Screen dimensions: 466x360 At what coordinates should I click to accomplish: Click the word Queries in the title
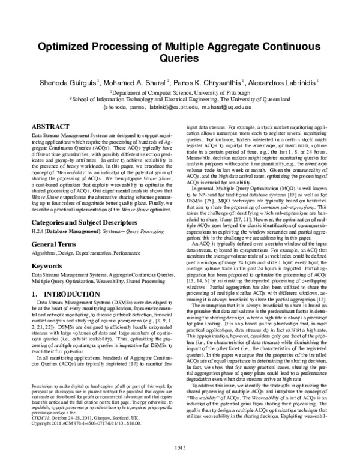point(179,60)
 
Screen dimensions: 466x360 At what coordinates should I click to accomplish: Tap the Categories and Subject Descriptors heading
point(86,205)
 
